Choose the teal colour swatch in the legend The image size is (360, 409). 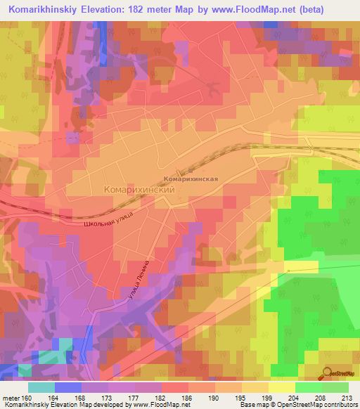click(x=41, y=387)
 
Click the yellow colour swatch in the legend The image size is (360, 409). click(x=281, y=387)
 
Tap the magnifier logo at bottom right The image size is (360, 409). click(x=328, y=375)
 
